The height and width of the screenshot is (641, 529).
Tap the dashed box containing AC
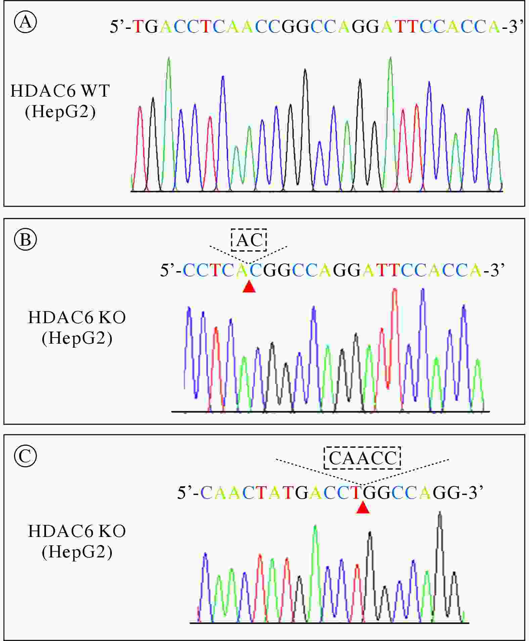click(x=249, y=240)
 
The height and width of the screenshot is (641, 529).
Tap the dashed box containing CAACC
click(x=362, y=458)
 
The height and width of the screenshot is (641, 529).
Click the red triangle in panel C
click(x=363, y=507)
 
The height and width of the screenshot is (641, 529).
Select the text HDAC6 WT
click(x=60, y=91)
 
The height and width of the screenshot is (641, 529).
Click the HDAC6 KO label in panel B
click(x=77, y=317)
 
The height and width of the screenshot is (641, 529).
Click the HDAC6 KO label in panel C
click(x=77, y=531)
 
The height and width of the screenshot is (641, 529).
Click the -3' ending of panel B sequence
click(x=494, y=269)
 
